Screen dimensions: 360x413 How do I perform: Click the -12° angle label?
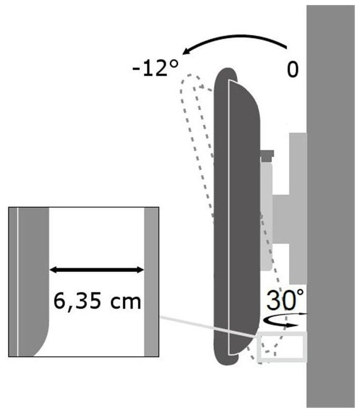[156, 68]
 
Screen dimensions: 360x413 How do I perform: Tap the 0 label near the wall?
[293, 70]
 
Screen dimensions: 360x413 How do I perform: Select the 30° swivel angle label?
[285, 300]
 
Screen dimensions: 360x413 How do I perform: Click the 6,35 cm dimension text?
[98, 301]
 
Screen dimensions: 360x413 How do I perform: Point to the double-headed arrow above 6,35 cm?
[97, 270]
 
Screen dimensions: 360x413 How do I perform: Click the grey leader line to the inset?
[208, 327]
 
